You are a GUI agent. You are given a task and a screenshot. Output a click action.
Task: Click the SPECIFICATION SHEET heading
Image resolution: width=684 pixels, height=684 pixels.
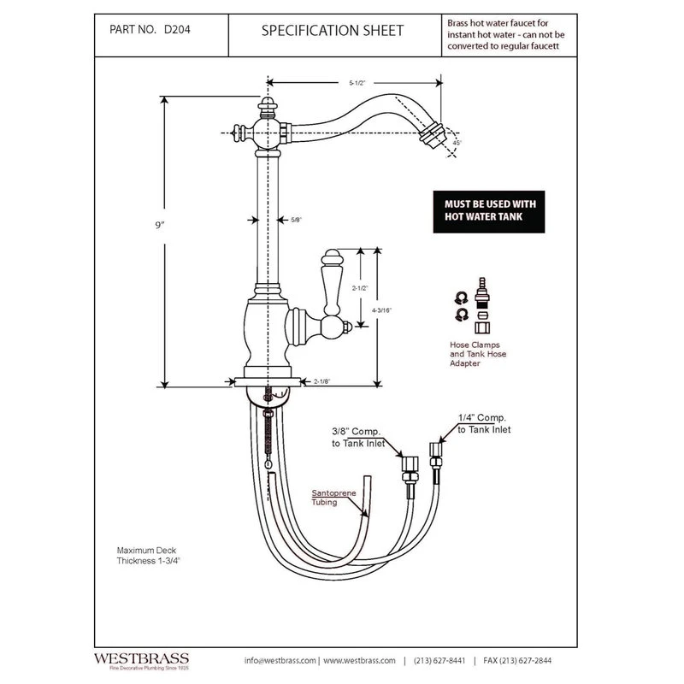(x=333, y=31)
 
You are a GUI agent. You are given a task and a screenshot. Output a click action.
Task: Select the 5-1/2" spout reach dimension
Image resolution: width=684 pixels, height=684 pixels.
(x=357, y=84)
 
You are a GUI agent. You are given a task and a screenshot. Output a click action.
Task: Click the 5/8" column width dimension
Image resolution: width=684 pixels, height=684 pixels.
(x=295, y=220)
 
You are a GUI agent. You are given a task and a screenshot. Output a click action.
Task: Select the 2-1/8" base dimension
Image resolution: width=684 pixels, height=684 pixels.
(x=323, y=381)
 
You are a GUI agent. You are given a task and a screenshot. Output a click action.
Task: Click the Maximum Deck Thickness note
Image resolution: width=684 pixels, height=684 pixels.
(x=150, y=557)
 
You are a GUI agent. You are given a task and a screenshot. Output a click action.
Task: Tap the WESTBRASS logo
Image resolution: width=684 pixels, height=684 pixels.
(x=143, y=659)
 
